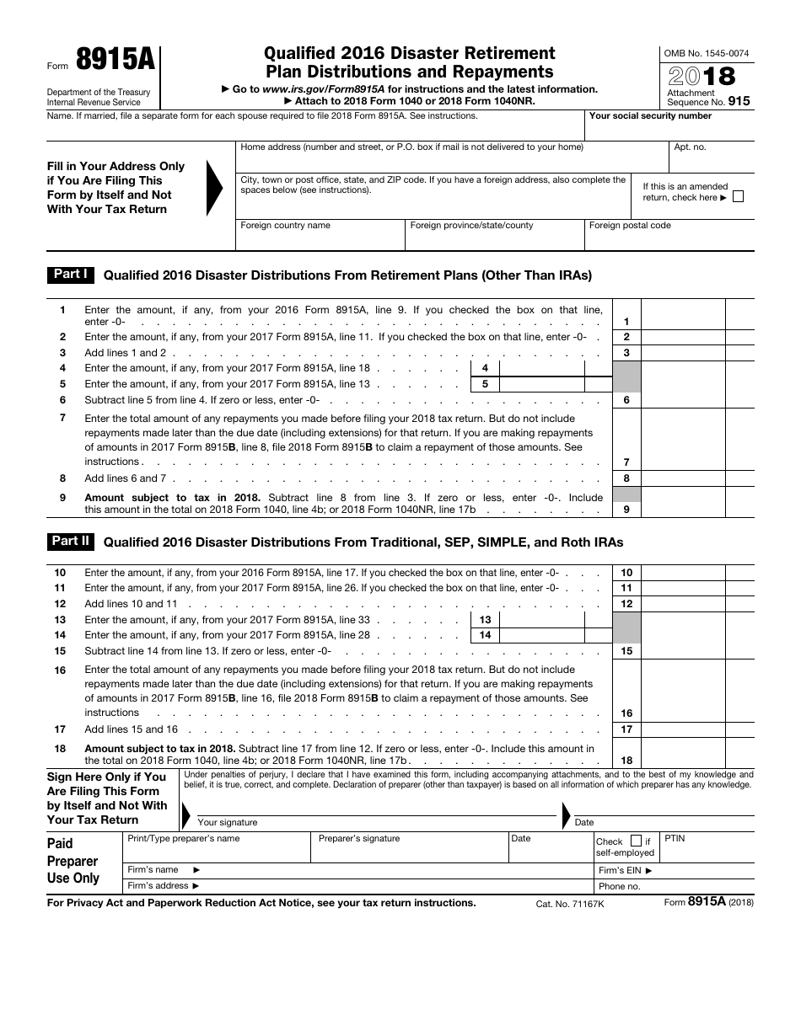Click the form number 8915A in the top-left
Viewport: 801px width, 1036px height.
pos(115,61)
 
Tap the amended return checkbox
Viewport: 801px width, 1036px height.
pos(739,197)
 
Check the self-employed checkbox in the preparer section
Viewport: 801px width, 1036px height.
pos(636,841)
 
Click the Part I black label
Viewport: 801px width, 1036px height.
pos(70,275)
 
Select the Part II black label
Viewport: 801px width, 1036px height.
pos(70,542)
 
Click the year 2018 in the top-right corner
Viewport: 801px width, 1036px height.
pos(702,77)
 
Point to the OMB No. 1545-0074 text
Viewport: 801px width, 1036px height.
pos(706,53)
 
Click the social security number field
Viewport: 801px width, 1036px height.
pos(669,129)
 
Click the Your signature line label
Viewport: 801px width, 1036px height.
pos(228,822)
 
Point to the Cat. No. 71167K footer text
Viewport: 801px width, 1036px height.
pos(570,903)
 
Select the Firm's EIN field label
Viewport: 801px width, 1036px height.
pos(625,871)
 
